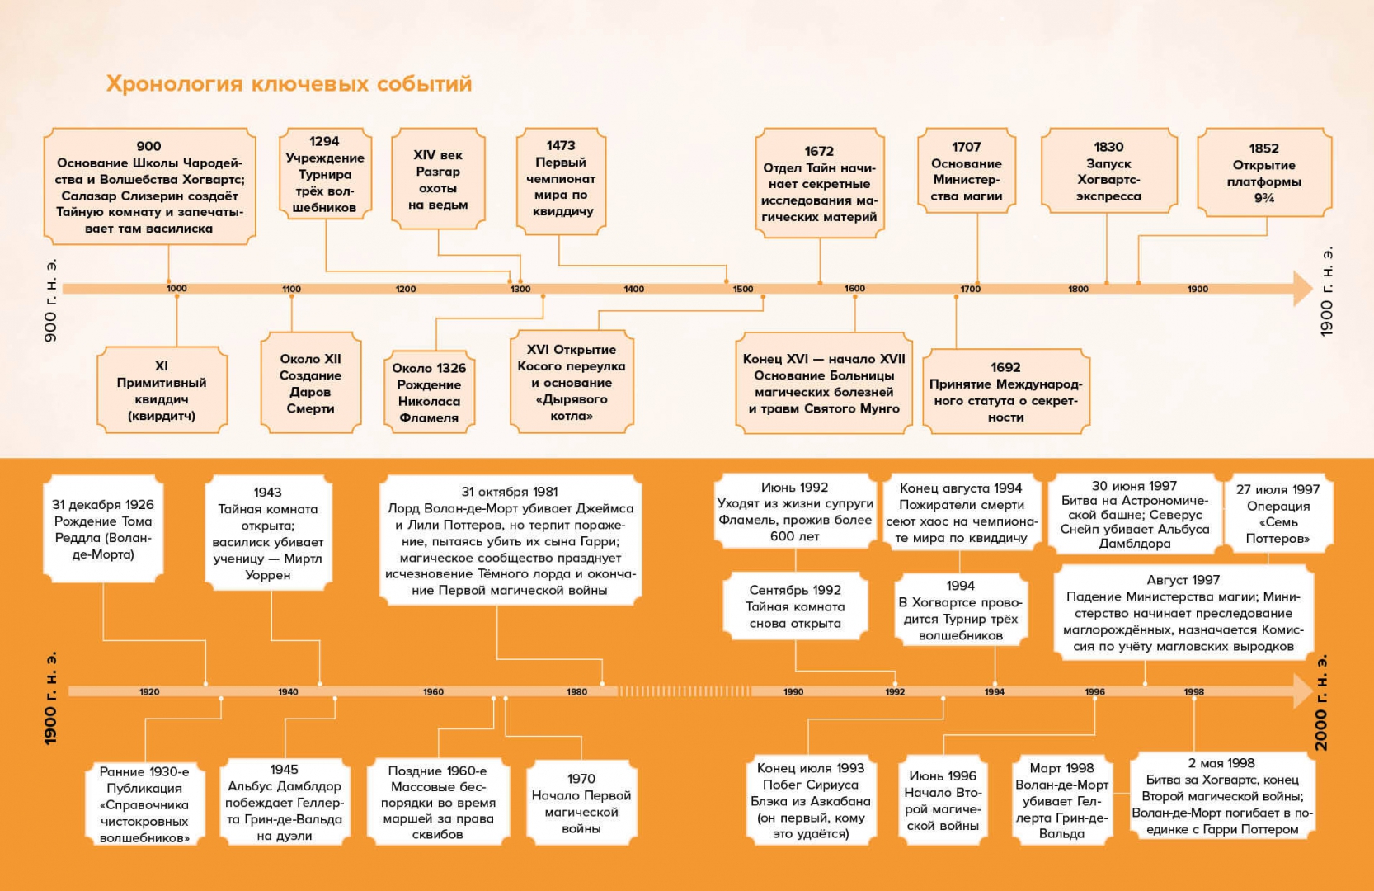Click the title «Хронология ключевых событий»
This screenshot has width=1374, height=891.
(289, 84)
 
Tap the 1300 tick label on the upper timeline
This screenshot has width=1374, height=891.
(520, 290)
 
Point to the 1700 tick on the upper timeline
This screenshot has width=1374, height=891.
(971, 290)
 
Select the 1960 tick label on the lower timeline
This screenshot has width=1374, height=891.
(433, 692)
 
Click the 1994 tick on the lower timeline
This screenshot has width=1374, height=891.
(994, 692)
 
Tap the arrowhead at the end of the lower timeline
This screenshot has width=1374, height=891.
(1303, 691)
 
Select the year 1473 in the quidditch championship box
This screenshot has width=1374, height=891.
(561, 146)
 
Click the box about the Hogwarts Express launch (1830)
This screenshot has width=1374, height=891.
(1108, 172)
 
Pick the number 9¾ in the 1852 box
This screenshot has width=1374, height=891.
(1264, 198)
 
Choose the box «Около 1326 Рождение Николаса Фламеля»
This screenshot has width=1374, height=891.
(429, 393)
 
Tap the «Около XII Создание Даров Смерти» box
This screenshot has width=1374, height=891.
(310, 383)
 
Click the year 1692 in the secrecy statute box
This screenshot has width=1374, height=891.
(1005, 368)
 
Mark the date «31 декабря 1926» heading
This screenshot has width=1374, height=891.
(103, 505)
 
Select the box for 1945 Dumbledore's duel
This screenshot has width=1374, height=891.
(284, 802)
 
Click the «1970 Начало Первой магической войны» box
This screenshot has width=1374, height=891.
(581, 803)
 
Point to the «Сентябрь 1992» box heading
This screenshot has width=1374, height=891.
(795, 591)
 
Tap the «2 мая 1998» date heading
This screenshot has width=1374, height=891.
(1221, 764)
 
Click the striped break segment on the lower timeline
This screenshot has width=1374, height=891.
(685, 691)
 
